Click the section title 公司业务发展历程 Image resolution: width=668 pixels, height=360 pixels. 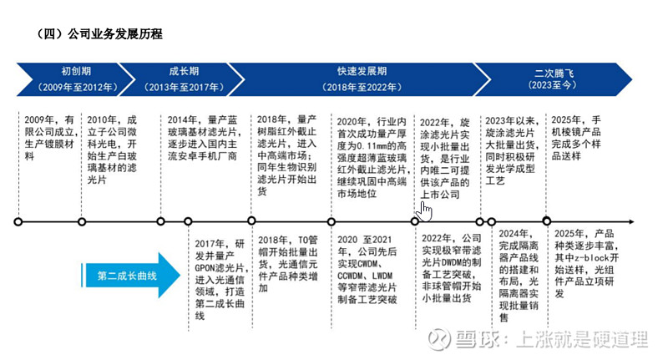coord(114,34)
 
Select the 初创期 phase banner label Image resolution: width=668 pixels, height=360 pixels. coord(76,72)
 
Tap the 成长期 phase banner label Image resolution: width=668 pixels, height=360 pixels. coord(184,72)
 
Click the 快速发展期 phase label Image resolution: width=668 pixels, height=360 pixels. coord(362,72)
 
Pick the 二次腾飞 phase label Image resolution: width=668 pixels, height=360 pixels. coord(554,74)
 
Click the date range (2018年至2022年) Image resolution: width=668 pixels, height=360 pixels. coord(362,88)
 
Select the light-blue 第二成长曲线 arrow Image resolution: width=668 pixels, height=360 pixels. coord(131,275)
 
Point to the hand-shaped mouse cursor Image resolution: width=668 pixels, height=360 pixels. coord(424,211)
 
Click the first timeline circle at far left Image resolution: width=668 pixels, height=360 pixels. coord(18,222)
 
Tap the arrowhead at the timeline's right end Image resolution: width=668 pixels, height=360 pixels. coord(631,222)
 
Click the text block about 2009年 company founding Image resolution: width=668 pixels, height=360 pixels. coord(49,138)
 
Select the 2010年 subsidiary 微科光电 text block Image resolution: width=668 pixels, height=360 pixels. coord(112,150)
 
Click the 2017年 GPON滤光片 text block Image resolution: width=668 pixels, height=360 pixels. coord(220,280)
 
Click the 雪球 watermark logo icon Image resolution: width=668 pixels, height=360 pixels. coord(439,339)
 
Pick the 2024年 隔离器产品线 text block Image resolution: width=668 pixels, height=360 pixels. coord(519,275)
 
